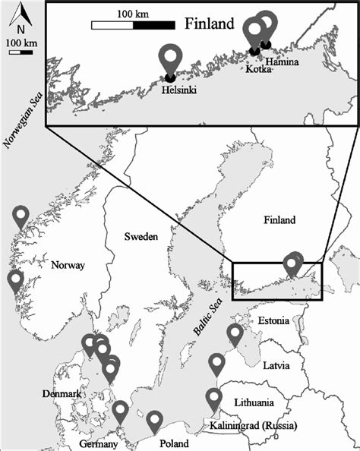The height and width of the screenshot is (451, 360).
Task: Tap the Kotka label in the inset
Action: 260,68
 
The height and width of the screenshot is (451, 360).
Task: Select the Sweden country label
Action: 141,238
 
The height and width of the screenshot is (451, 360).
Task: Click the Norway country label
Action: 67,266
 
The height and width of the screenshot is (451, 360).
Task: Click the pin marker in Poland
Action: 155,420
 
